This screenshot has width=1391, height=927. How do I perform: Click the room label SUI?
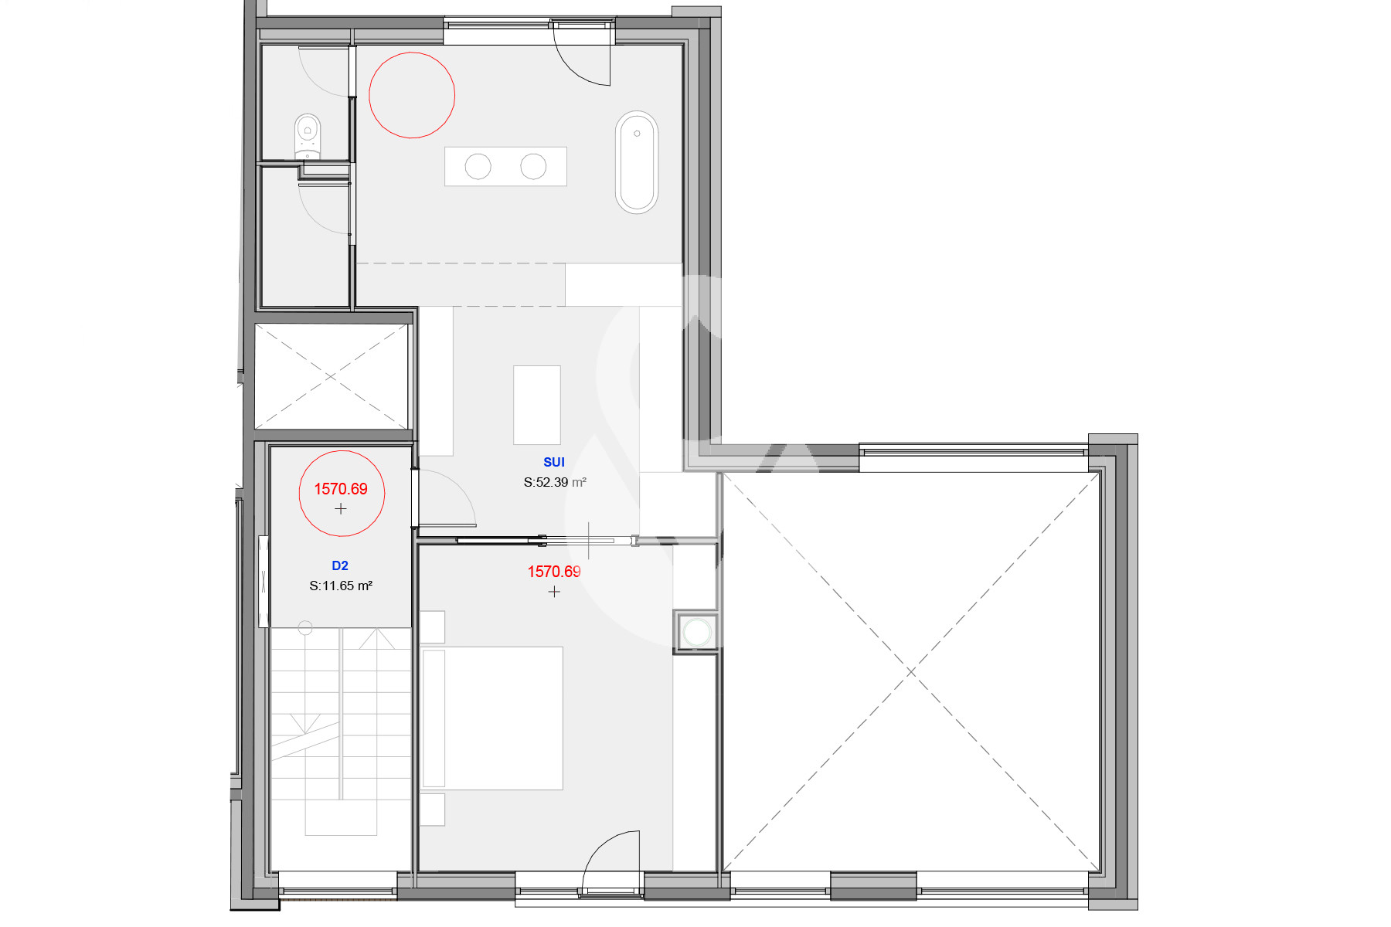[554, 462]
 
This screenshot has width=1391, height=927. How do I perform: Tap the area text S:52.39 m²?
[555, 482]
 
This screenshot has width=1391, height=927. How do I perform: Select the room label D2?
[340, 565]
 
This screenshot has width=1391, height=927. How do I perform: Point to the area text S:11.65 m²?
[341, 586]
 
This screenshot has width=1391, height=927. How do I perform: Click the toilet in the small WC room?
[308, 137]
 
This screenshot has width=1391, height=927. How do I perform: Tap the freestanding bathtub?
[637, 162]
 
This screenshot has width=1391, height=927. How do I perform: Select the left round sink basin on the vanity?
[478, 166]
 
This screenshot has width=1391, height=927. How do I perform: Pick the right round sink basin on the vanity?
[533, 166]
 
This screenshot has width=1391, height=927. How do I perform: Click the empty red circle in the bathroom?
[412, 53]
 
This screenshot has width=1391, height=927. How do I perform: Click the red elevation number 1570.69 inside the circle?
[341, 489]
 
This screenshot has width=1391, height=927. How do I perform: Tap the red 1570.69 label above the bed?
[554, 572]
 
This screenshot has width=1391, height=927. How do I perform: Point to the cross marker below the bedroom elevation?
[554, 592]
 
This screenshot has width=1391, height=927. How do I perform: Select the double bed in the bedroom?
[491, 718]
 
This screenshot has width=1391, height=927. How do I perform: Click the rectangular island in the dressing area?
[537, 405]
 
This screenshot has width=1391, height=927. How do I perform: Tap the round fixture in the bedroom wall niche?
[697, 632]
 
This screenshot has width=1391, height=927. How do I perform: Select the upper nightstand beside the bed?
[433, 627]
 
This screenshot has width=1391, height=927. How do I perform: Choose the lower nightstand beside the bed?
[433, 810]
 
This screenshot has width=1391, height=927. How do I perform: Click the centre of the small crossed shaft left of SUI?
[332, 376]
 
